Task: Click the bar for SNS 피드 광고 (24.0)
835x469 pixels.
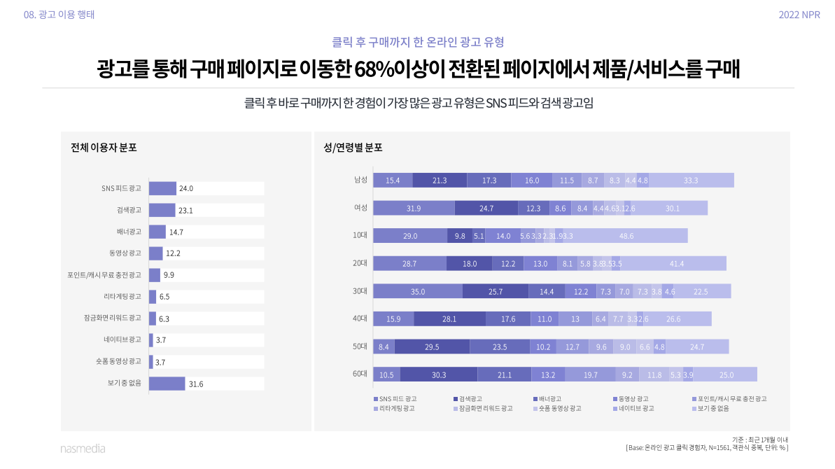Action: (x=162, y=188)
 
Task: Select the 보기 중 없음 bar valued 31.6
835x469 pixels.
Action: (x=167, y=384)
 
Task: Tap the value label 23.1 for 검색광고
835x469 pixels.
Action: (x=185, y=210)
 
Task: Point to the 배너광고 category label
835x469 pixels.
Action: (x=129, y=232)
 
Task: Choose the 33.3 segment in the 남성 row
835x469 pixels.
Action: (x=691, y=180)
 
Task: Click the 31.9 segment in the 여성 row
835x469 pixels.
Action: (x=414, y=208)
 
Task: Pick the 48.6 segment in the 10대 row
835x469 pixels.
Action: (x=626, y=236)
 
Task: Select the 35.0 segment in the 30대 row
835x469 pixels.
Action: (x=418, y=291)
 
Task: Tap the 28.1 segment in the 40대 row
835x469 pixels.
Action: (x=449, y=319)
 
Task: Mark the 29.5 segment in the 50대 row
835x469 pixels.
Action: (x=432, y=346)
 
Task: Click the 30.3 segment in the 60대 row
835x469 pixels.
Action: (x=439, y=374)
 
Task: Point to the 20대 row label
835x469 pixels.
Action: (x=360, y=264)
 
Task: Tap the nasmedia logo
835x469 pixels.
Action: (x=83, y=449)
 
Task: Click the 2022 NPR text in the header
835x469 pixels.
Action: (x=799, y=15)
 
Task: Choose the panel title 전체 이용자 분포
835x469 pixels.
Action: (x=104, y=148)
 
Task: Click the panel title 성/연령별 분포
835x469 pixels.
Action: (x=353, y=148)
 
